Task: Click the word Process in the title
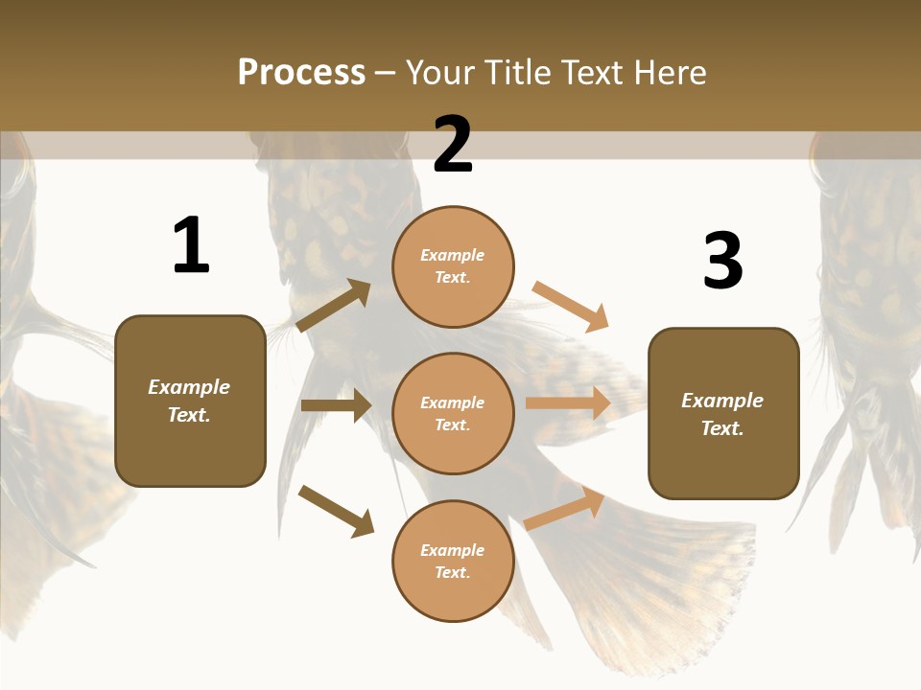[x=301, y=72]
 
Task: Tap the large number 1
[x=190, y=246]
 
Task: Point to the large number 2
[x=453, y=145]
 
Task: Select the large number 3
[x=722, y=261]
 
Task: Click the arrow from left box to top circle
[x=334, y=306]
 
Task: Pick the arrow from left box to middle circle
[x=336, y=405]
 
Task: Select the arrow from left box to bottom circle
[x=336, y=511]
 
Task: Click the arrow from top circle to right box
[x=570, y=307]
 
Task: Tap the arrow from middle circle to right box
[x=568, y=403]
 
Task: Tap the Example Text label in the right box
[x=722, y=414]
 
